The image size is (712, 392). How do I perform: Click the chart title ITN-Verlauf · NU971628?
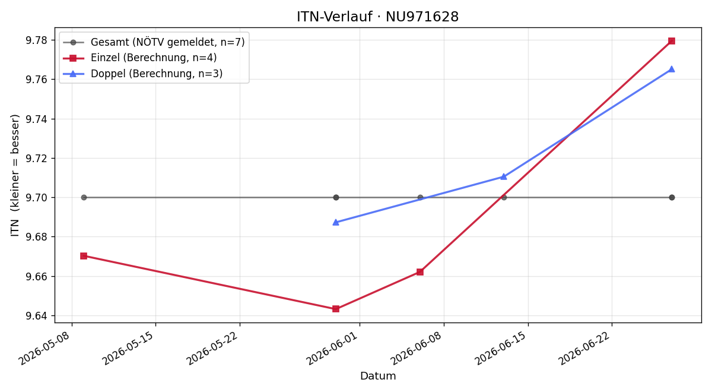coord(377,17)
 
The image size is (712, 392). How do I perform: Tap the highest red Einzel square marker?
coord(672,41)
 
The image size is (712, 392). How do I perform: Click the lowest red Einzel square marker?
coord(336,309)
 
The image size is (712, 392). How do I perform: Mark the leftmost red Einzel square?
coord(84,256)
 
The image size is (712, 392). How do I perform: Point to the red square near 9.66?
coord(420,272)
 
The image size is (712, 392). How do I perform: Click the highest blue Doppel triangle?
coord(672,69)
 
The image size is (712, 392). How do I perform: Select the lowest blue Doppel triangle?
coord(336,222)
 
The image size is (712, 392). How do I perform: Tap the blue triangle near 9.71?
coord(504,176)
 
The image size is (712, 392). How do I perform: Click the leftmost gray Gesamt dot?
coord(84,198)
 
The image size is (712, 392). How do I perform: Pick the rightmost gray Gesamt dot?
coord(672,198)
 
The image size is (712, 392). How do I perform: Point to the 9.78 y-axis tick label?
coord(36,40)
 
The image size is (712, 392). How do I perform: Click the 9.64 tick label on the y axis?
coord(36,316)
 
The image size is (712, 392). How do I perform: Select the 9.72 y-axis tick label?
coord(36,159)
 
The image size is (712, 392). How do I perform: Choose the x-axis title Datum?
coord(378,376)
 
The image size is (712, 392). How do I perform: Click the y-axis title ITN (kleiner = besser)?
coord(15,175)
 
